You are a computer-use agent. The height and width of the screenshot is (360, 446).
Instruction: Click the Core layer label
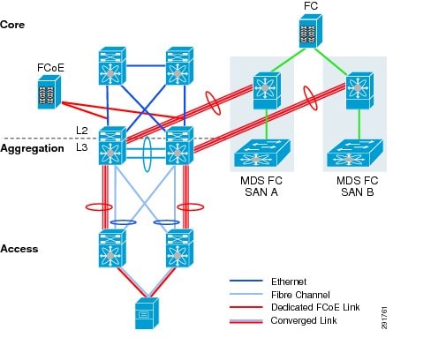[14, 25]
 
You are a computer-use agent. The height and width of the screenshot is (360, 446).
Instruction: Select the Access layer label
[19, 249]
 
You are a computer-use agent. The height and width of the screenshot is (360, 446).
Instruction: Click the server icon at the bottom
[145, 312]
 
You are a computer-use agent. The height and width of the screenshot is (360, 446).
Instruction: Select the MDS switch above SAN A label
[261, 154]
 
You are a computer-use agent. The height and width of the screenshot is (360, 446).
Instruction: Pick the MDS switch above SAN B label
[355, 154]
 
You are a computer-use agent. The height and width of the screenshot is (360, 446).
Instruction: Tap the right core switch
[180, 64]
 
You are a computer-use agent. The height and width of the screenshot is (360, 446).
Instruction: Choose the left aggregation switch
[111, 146]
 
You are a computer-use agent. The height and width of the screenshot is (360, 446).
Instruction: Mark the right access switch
[180, 250]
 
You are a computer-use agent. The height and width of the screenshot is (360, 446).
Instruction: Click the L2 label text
[82, 131]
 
